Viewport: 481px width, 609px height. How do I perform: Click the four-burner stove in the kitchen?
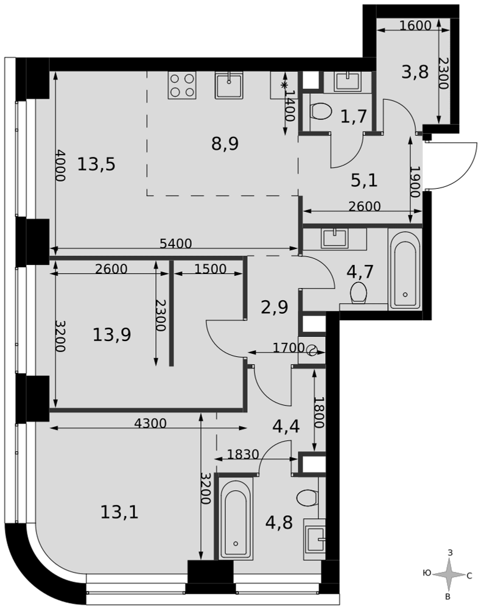point(181,85)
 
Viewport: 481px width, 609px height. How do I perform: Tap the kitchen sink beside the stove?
point(229,85)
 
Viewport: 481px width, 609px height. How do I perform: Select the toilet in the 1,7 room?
point(321,111)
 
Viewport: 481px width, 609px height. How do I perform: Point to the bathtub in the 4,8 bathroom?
point(236,518)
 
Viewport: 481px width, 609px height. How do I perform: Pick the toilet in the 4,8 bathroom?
point(307,497)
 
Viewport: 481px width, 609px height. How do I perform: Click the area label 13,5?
point(96,164)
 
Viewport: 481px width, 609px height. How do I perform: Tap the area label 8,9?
point(225,144)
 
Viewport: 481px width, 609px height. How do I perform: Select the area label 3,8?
point(415,72)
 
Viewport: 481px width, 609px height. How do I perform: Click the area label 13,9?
point(112,334)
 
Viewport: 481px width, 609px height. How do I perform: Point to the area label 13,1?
point(119,512)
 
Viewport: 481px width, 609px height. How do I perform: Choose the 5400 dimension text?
point(176,244)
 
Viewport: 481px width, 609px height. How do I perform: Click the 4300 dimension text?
point(150,423)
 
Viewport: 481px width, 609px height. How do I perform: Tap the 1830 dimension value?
point(243,454)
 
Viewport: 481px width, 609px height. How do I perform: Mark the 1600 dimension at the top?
point(415,26)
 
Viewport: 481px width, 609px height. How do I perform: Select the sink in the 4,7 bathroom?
point(334,238)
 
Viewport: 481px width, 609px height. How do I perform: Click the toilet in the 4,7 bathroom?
point(359,292)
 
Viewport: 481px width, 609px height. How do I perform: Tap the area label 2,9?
point(275,307)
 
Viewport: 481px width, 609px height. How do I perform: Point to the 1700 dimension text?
point(289,347)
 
